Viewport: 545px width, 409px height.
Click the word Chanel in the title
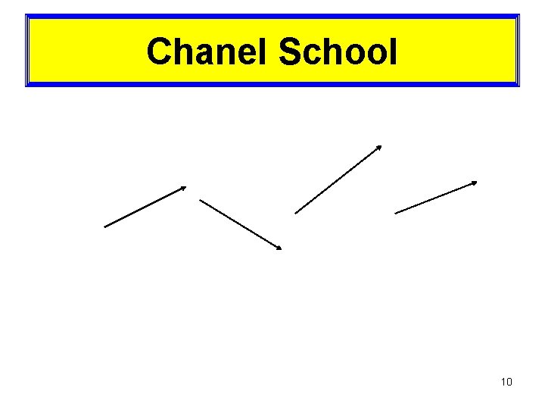(x=209, y=52)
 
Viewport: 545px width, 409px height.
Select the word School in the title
(x=337, y=52)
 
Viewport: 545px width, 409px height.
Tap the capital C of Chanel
(x=160, y=52)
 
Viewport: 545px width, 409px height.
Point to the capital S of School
(x=291, y=52)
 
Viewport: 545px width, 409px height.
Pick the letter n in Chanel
(x=225, y=55)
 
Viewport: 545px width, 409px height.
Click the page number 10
(x=506, y=382)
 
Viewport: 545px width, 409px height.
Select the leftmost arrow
(x=145, y=207)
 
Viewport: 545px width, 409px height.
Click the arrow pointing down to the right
(x=240, y=224)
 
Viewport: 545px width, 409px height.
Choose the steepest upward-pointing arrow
(x=338, y=180)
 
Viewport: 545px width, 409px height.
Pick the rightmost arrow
(x=436, y=197)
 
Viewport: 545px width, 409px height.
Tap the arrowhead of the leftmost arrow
(x=184, y=187)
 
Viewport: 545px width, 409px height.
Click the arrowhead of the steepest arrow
(x=380, y=146)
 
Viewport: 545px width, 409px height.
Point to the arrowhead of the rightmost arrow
(x=475, y=183)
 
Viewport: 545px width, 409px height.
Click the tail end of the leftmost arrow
(x=105, y=226)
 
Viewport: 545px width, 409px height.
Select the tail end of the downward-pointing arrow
(x=201, y=200)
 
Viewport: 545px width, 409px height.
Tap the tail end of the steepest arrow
(x=296, y=213)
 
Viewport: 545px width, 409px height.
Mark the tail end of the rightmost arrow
(x=396, y=213)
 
